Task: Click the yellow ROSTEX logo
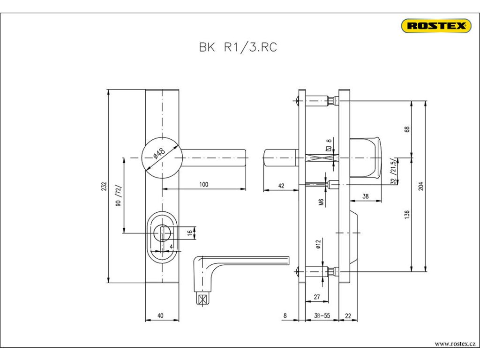(436, 26)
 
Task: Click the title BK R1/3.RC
(238, 47)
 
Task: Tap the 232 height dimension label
(104, 187)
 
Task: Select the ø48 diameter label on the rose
(159, 153)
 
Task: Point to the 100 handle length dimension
(203, 184)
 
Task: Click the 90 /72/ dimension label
(119, 195)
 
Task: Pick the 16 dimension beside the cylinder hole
(190, 232)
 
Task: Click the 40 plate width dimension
(160, 315)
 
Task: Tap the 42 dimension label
(281, 186)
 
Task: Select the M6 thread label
(321, 202)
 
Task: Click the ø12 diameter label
(318, 244)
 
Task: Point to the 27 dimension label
(317, 297)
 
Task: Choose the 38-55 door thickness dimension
(322, 315)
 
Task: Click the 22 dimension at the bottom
(348, 315)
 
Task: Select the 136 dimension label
(407, 215)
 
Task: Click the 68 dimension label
(407, 129)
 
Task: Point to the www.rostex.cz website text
(455, 344)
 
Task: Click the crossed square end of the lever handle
(202, 300)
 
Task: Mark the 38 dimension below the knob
(366, 196)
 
